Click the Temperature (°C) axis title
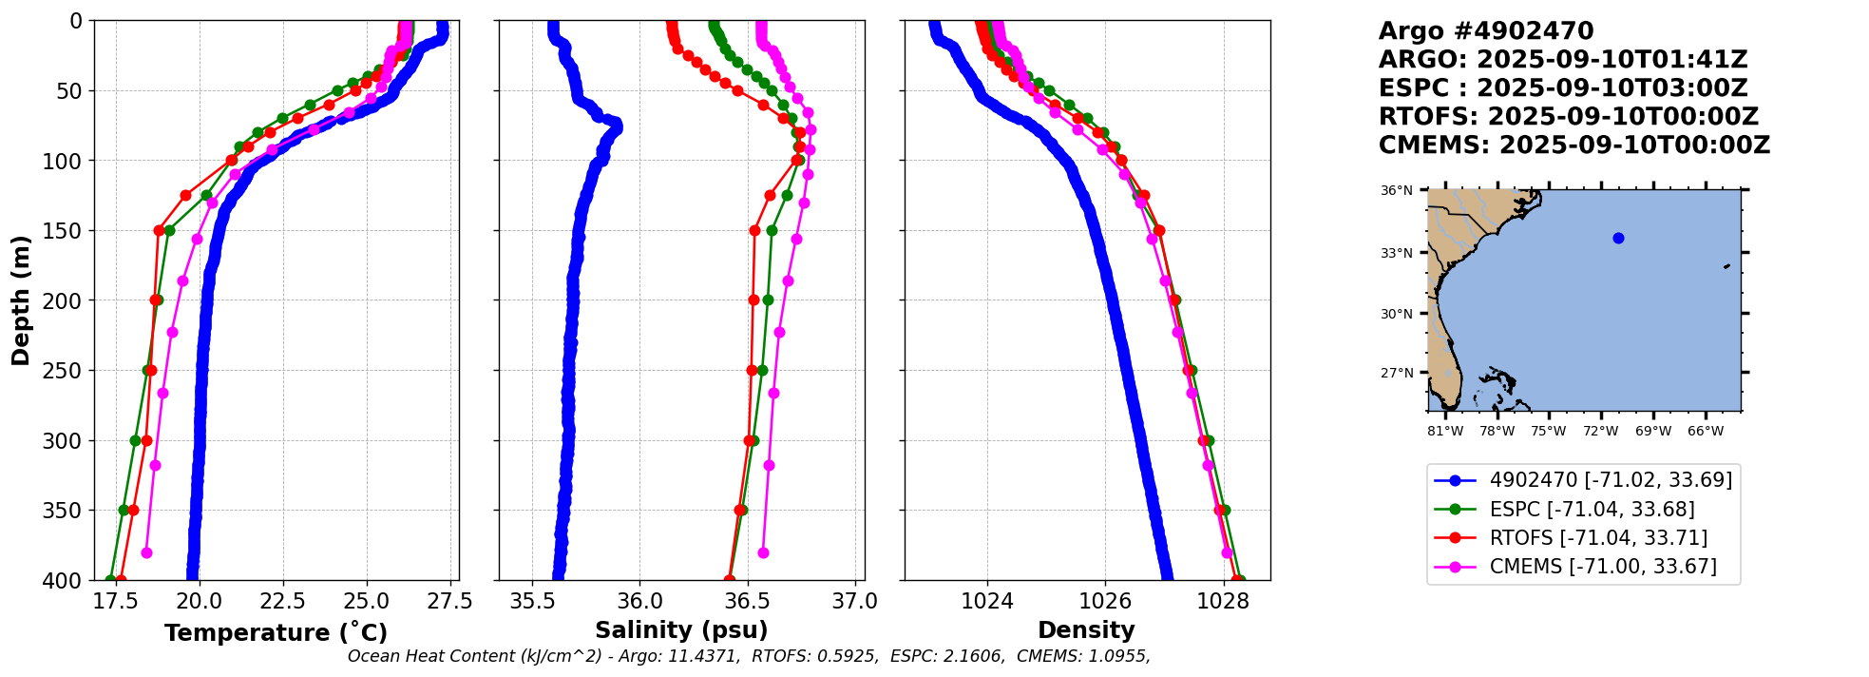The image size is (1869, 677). pos(276,633)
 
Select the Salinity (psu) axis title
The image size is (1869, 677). pos(681,630)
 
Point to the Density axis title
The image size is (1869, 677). pos(1086,630)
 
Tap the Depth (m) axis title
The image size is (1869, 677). pos(21,300)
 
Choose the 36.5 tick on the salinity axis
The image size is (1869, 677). pos(747,602)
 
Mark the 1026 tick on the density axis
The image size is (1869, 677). pos(1105,602)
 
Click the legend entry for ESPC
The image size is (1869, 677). pos(1592,510)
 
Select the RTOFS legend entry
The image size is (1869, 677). pos(1598,538)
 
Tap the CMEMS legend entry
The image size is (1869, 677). pos(1603,567)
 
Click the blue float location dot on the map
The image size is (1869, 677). pos(1618,239)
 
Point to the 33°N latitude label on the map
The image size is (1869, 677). pos(1396,253)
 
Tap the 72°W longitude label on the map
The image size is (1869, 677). pos(1600,432)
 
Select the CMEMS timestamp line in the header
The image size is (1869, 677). pos(1574,145)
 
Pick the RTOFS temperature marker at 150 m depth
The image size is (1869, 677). pos(159,231)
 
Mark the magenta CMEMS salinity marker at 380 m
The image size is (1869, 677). pos(763,552)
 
